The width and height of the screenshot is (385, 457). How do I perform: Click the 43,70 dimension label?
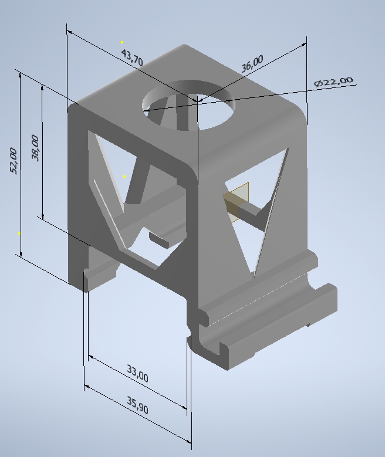pos(132,57)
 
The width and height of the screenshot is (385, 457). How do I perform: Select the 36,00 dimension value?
pos(252,63)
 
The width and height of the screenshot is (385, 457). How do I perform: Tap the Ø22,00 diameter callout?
pos(334,82)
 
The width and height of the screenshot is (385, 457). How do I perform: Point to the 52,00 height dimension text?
pos(13,161)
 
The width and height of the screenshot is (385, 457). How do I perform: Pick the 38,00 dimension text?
pos(35,148)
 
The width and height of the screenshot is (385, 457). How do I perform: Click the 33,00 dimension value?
pos(138,373)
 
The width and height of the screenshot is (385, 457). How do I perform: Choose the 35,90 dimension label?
pos(138,405)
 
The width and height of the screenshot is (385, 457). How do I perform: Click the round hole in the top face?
pos(189,105)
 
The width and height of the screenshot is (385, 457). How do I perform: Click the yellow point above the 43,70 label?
pos(122,43)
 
